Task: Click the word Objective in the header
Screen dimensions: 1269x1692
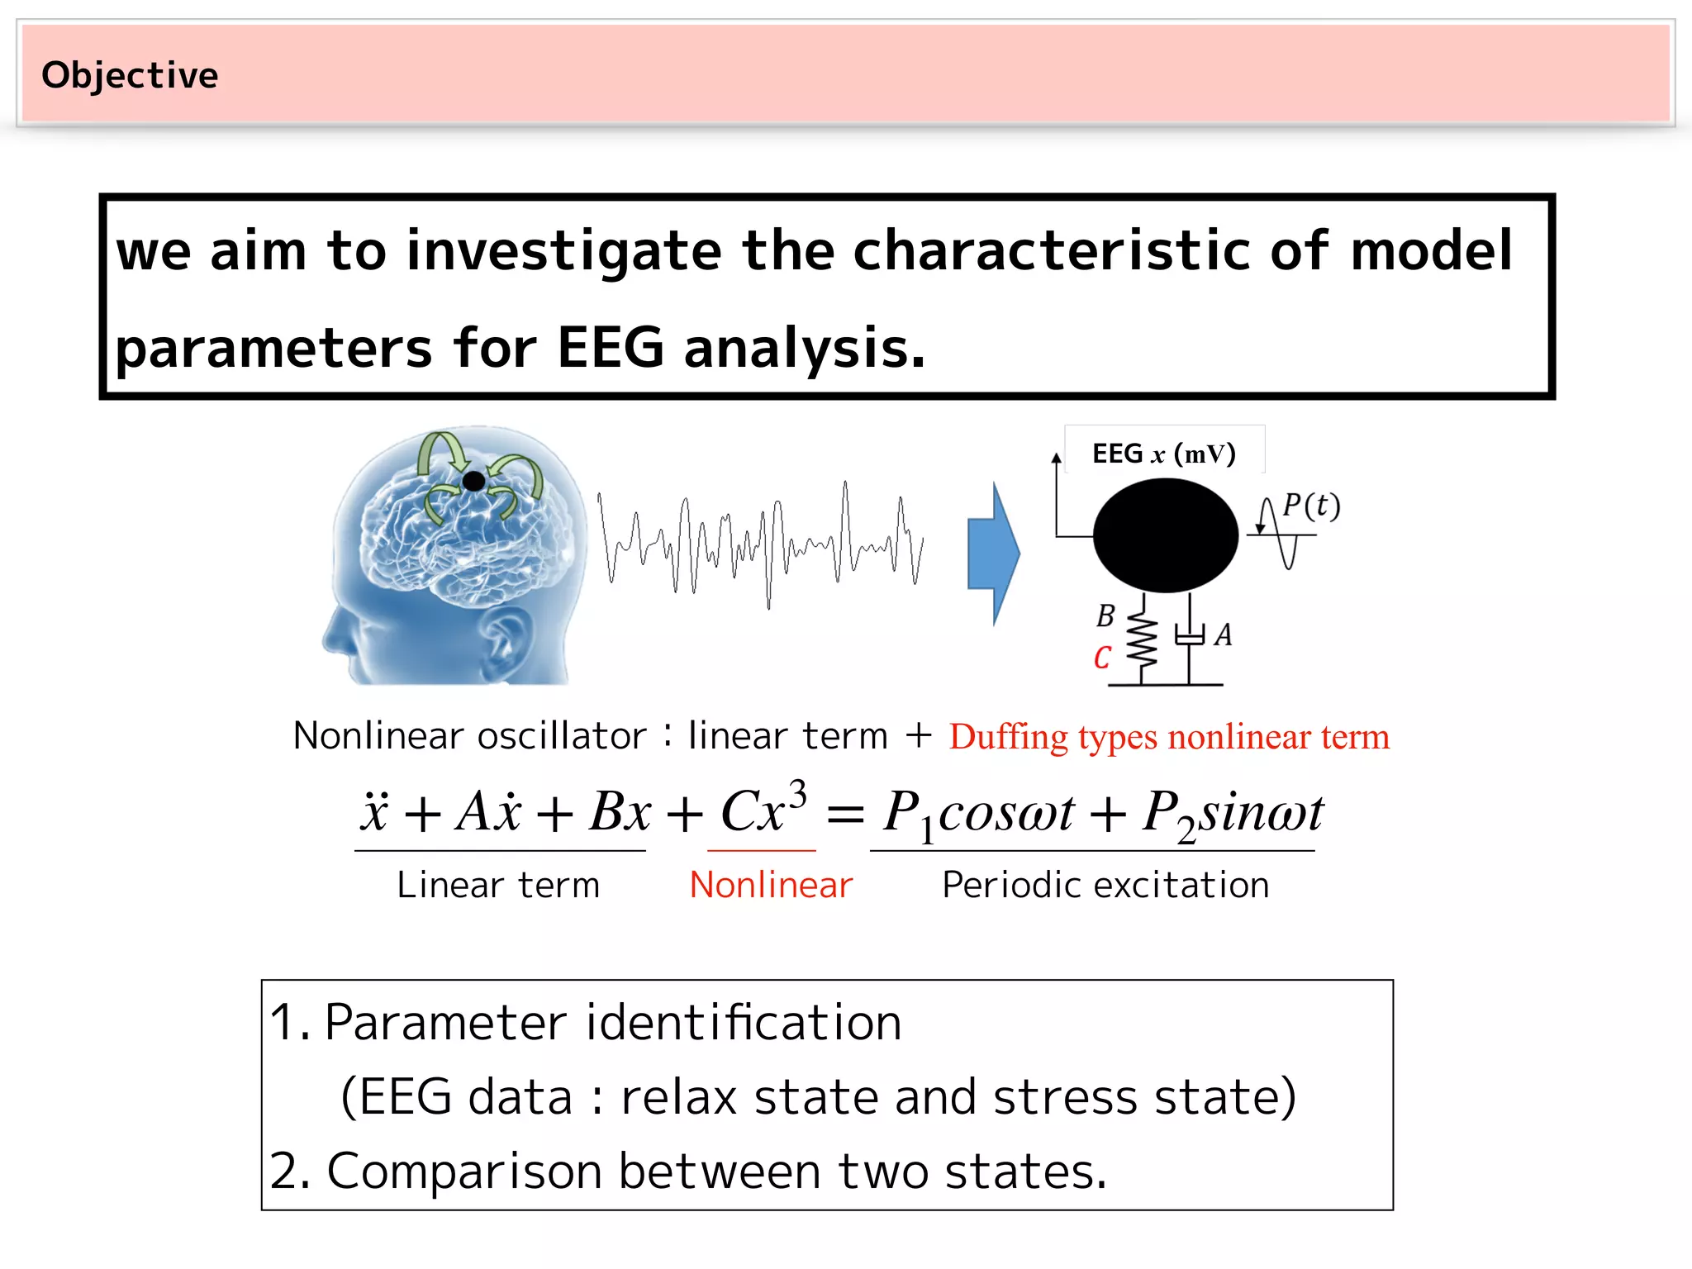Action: point(130,75)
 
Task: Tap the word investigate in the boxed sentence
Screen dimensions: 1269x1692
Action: point(563,250)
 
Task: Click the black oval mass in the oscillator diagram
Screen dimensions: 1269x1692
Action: point(1165,535)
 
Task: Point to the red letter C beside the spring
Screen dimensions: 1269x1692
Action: point(1102,658)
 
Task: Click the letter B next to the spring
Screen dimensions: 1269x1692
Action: point(1105,616)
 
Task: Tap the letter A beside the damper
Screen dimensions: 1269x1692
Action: point(1224,635)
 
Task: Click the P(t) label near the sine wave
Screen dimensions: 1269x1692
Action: point(1310,506)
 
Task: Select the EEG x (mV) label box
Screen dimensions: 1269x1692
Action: point(1164,453)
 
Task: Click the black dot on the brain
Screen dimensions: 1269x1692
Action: point(473,481)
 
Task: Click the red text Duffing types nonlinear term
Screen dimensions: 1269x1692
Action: point(1168,737)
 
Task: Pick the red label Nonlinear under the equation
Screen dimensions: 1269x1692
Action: point(770,885)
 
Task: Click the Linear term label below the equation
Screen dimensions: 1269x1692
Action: point(498,885)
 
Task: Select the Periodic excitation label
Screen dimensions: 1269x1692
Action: point(1105,885)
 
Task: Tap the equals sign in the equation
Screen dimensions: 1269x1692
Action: point(845,815)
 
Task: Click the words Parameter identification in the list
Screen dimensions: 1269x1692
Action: point(612,1023)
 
